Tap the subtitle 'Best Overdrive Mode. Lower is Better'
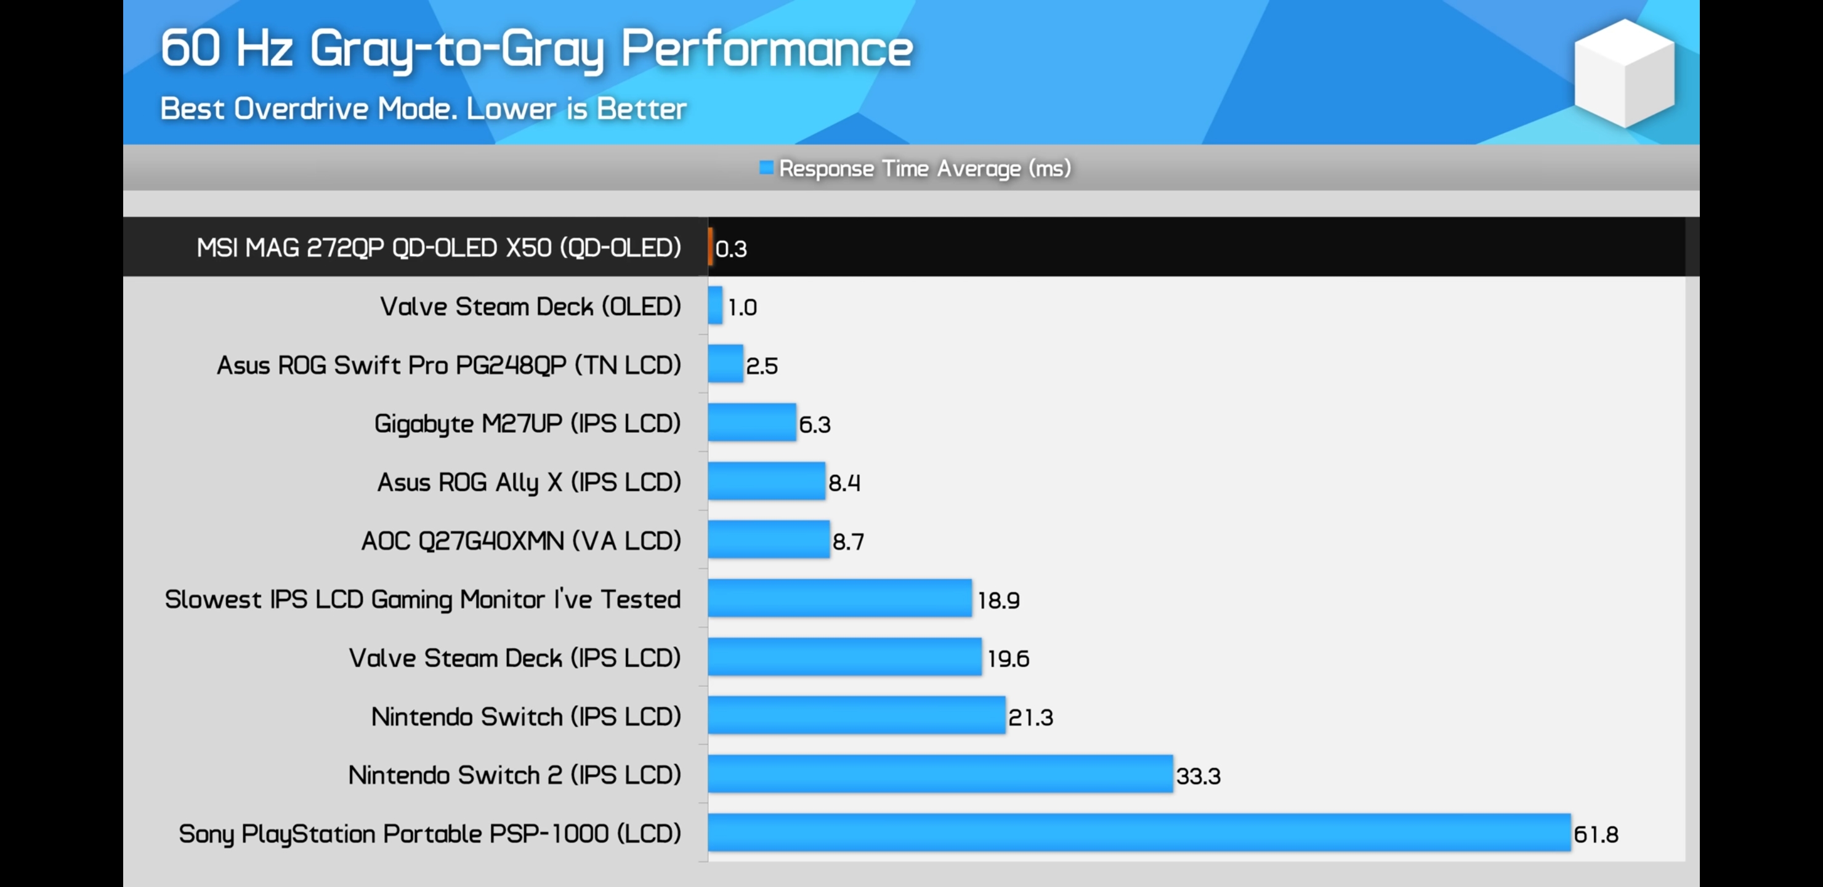point(423,109)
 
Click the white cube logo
point(1624,73)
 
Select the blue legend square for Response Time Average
point(766,168)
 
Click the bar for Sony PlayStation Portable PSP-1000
point(1139,833)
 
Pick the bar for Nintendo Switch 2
point(940,774)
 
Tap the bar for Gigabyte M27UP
point(751,423)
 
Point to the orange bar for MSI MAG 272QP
point(710,247)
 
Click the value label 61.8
point(1596,835)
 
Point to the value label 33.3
point(1198,776)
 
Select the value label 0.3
point(731,248)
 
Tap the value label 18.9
point(998,601)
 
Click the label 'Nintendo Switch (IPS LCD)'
point(526,716)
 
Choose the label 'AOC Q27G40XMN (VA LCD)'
point(521,541)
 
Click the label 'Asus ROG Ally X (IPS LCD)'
point(528,482)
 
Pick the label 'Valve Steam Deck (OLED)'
point(530,307)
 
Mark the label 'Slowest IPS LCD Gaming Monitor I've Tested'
point(422,599)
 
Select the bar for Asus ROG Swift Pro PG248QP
point(726,364)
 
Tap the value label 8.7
point(848,541)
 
